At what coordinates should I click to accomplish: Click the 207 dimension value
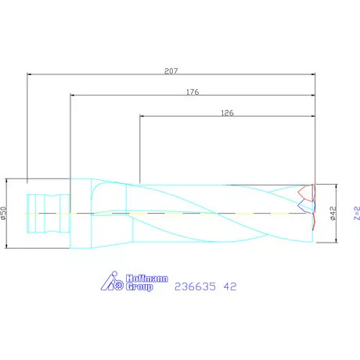pyautogui.click(x=171, y=70)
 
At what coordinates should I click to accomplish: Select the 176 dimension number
pyautogui.click(x=193, y=92)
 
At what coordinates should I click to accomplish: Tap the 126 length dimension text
pyautogui.click(x=228, y=113)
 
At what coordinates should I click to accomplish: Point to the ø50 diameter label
pyautogui.click(x=4, y=213)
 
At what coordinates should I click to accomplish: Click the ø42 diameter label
pyautogui.click(x=333, y=213)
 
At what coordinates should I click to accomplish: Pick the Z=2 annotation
pyautogui.click(x=355, y=213)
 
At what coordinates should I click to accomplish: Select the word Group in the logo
pyautogui.click(x=139, y=287)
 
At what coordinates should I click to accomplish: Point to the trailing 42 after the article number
pyautogui.click(x=230, y=286)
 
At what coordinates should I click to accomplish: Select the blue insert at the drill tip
pyautogui.click(x=301, y=205)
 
